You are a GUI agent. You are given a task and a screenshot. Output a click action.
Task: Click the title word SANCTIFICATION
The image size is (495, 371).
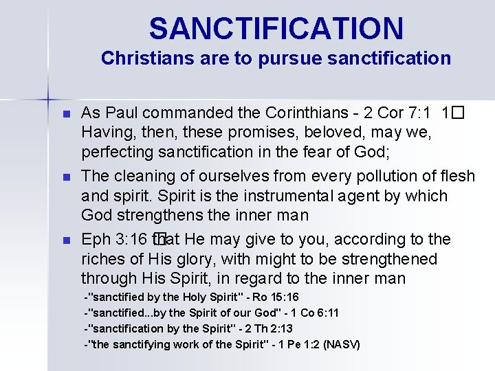point(276,29)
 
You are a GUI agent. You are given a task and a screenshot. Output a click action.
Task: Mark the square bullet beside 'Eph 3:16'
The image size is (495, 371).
point(66,240)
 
